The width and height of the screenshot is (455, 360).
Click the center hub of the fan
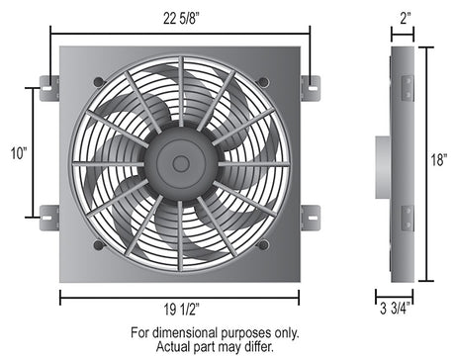coord(179,162)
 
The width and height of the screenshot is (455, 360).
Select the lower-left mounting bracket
coord(48,217)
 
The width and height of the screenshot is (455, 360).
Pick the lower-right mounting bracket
coord(310,217)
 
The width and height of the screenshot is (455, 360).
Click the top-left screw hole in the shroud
coord(97,80)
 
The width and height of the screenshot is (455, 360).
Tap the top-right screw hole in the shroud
coord(262,80)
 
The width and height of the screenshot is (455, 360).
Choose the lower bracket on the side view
coord(405,216)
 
